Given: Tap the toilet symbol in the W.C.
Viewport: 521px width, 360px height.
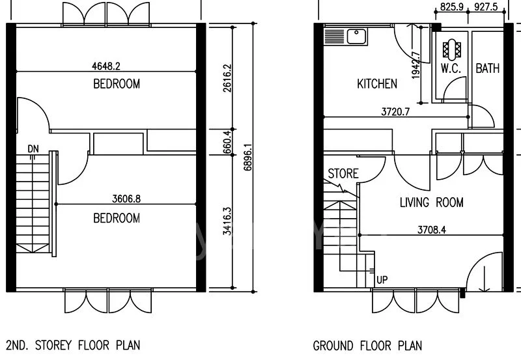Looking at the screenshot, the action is click(452, 49).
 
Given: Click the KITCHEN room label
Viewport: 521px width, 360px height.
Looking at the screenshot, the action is click(377, 84).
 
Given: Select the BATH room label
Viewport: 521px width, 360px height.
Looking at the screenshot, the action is click(487, 68).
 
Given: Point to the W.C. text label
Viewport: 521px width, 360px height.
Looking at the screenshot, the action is click(451, 68).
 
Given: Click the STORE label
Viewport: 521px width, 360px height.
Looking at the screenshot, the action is click(343, 173).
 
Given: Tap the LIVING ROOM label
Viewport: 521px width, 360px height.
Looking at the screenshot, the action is click(431, 202).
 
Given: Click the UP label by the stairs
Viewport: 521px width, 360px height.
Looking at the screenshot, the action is click(382, 280).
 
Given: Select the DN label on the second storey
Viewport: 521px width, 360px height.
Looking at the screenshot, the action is click(33, 149).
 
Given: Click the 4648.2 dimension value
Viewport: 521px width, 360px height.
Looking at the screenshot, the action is click(106, 66).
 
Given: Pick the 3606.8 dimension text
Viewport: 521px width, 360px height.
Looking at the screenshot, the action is click(126, 199).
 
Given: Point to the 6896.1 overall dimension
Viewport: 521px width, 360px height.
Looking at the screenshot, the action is click(247, 157).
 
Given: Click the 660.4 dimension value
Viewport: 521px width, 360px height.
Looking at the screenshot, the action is click(227, 142).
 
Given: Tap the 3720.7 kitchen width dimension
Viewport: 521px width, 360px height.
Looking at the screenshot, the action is click(395, 111).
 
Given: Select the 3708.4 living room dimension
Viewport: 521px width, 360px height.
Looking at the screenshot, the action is click(432, 230).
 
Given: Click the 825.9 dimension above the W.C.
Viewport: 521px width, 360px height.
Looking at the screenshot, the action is click(451, 7).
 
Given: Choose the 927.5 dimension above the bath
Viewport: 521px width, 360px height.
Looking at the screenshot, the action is click(486, 7).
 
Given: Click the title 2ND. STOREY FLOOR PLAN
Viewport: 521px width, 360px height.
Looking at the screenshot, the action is click(73, 345).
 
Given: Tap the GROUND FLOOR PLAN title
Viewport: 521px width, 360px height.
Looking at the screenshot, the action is click(367, 346).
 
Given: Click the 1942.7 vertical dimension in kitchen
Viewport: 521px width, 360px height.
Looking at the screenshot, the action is click(415, 65).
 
